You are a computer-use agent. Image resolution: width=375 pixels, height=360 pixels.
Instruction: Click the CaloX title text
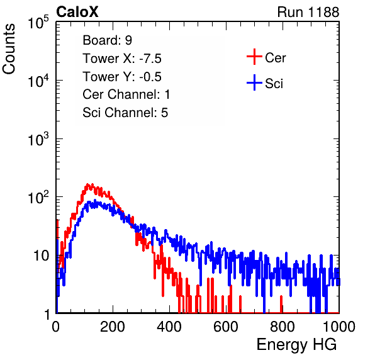click(77, 11)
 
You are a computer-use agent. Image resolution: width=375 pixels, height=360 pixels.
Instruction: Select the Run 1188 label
click(308, 12)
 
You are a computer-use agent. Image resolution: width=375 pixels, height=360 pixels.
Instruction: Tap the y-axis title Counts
click(9, 49)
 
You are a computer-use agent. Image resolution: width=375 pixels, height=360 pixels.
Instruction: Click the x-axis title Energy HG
click(296, 344)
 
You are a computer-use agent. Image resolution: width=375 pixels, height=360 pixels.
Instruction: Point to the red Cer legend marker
click(254, 57)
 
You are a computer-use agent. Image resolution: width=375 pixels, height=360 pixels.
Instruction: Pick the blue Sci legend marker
click(254, 83)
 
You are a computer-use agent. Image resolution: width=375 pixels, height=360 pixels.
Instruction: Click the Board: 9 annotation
click(107, 40)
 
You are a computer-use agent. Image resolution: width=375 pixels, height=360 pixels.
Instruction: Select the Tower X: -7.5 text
click(122, 59)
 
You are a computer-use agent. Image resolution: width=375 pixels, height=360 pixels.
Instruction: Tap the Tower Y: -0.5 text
click(122, 77)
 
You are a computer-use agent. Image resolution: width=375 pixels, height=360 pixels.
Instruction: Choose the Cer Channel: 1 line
click(126, 94)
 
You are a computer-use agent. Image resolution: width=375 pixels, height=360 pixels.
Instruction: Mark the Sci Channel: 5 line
click(125, 113)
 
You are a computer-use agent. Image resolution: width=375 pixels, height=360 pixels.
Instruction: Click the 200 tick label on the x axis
click(113, 327)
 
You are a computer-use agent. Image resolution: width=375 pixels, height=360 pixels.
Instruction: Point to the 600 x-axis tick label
click(226, 327)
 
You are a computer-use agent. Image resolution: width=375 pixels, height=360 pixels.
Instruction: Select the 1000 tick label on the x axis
click(339, 327)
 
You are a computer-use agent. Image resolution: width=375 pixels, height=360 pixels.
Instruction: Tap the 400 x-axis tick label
click(169, 327)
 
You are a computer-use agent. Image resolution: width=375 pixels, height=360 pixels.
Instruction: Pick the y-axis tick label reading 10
click(41, 256)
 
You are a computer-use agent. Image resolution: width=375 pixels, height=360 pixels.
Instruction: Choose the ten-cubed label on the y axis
click(38, 139)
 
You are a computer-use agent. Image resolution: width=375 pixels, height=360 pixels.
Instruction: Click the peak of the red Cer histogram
click(87, 184)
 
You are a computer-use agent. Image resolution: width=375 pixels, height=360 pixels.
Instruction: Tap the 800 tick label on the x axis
click(283, 327)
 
